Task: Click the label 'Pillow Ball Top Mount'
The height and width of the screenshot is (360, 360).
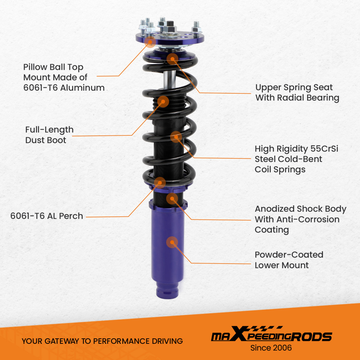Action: click(x=64, y=77)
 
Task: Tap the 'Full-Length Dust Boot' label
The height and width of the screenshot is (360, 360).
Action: click(x=49, y=135)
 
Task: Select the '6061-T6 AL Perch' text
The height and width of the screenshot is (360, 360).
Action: click(x=47, y=216)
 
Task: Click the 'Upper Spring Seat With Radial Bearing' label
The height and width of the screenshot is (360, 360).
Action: click(x=297, y=93)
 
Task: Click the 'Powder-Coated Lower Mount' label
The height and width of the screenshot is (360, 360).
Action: click(x=289, y=260)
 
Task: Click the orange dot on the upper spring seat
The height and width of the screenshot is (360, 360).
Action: click(x=172, y=59)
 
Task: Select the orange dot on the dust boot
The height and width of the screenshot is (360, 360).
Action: click(x=163, y=102)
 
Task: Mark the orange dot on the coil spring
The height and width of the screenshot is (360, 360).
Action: click(x=175, y=136)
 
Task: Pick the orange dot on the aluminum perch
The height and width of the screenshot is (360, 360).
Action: click(x=159, y=183)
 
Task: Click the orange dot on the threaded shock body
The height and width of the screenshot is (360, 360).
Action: click(x=172, y=199)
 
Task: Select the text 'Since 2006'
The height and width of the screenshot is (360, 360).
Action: click(x=271, y=348)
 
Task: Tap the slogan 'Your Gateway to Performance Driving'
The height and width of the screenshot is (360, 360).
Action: click(x=102, y=341)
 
